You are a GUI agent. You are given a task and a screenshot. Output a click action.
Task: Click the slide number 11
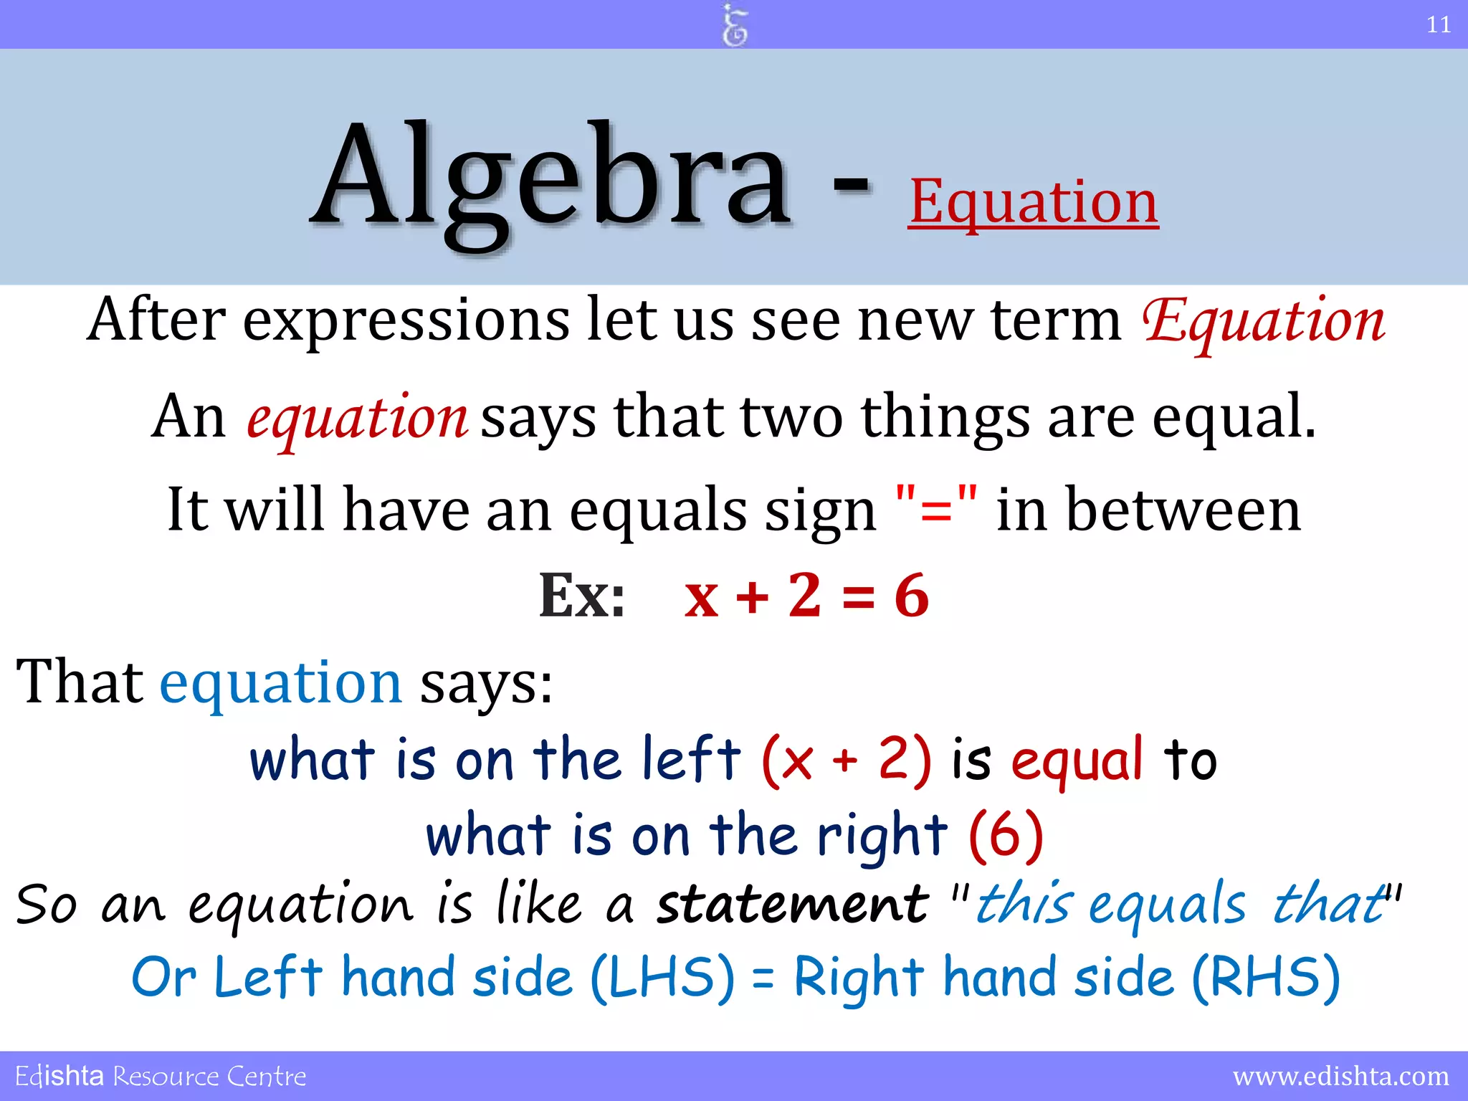[1438, 25]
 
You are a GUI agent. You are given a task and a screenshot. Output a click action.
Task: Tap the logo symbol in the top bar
[735, 25]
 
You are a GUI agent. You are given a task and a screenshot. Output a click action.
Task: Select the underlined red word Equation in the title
[1033, 202]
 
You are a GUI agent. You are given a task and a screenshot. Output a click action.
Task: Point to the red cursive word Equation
[1263, 321]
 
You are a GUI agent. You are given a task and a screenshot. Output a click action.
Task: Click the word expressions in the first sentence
[406, 320]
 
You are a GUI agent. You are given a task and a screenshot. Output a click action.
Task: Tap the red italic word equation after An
[357, 417]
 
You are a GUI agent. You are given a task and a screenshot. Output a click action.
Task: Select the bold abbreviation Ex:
[581, 596]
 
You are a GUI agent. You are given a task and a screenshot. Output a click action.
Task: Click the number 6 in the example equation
[912, 596]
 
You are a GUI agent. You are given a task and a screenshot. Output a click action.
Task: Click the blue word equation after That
[280, 682]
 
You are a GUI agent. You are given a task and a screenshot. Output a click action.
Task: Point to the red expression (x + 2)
[847, 760]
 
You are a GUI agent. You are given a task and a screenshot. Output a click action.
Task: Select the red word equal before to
[1077, 760]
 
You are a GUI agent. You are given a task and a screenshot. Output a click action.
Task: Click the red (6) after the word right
[1006, 835]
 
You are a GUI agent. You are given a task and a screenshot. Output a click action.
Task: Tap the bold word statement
[793, 904]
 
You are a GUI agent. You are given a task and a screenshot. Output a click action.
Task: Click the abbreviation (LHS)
[663, 978]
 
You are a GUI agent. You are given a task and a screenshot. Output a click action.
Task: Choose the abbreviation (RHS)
[1266, 978]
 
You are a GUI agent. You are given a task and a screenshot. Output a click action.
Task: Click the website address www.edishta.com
[1340, 1076]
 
